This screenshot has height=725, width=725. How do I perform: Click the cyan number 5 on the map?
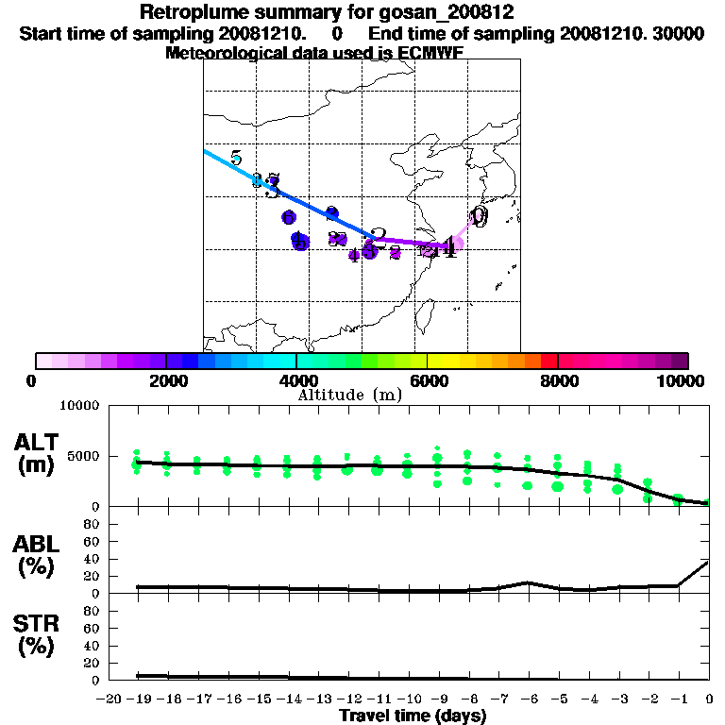click(236, 158)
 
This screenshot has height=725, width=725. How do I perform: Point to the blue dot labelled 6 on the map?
click(289, 218)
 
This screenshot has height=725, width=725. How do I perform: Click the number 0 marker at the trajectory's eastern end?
click(480, 217)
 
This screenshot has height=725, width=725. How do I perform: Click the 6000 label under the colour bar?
click(428, 380)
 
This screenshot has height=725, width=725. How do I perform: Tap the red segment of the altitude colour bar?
click(549, 361)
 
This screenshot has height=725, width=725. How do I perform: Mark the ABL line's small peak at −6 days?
click(529, 582)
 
